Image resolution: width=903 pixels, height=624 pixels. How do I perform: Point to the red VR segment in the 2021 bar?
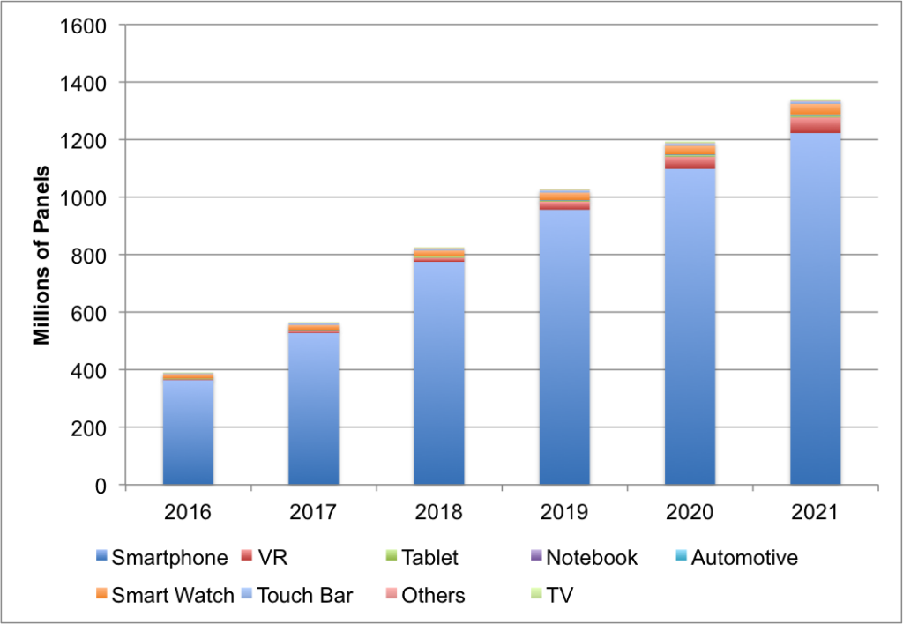815,125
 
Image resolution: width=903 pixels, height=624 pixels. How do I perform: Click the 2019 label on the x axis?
563,511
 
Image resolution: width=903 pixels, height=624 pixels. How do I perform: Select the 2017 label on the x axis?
313,511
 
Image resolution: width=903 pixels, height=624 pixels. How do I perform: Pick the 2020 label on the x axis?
689,511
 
